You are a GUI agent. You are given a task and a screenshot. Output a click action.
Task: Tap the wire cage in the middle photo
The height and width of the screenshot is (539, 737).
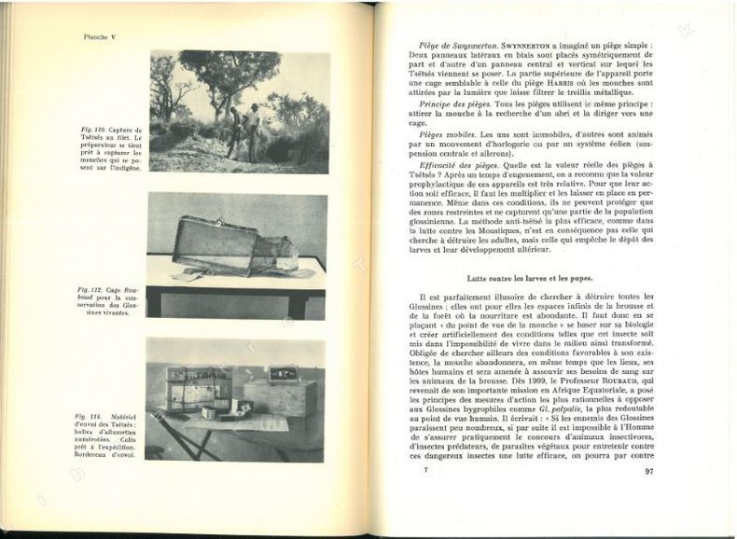pyautogui.click(x=216, y=244)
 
